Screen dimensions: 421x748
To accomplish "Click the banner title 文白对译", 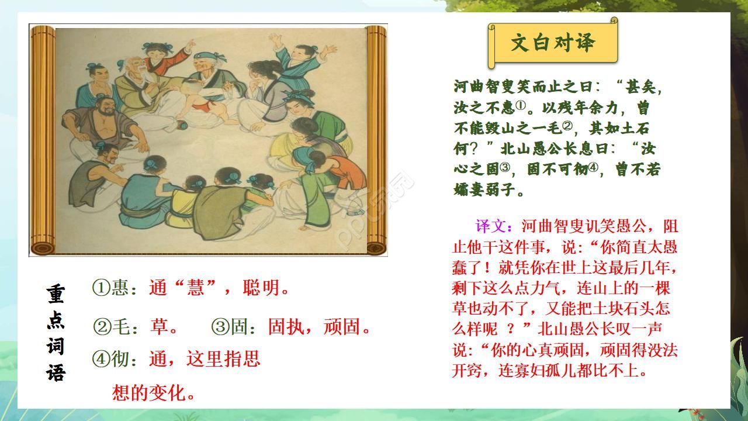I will click(x=552, y=43).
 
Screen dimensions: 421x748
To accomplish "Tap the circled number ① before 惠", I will click(x=101, y=288).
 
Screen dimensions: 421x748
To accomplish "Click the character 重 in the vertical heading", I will click(x=56, y=294).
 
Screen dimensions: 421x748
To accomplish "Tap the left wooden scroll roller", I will click(x=41, y=140).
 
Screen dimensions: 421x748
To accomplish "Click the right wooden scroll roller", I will click(x=377, y=140).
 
